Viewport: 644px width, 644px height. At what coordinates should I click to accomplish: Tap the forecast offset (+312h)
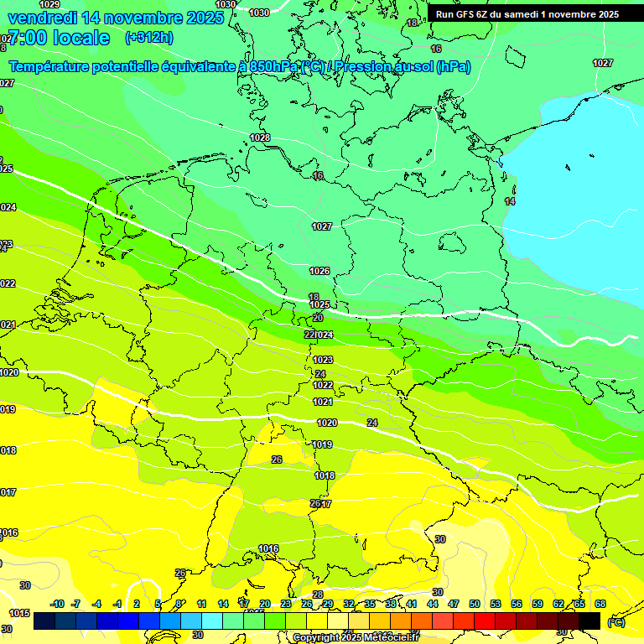pos(148,38)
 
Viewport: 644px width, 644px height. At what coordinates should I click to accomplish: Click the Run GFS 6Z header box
pos(527,14)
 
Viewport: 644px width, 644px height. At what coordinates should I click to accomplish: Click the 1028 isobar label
pos(260,138)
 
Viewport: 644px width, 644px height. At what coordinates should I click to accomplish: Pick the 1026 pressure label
pos(319,271)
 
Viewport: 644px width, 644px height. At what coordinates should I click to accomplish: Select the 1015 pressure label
pos(20,614)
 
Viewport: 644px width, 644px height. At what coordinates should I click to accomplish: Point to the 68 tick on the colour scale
pos(600,604)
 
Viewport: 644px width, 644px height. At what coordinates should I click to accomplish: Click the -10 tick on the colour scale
pos(58,604)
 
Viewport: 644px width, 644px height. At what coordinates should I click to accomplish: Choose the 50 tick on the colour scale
pos(475,604)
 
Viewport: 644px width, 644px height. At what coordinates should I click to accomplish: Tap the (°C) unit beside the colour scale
pos(615,621)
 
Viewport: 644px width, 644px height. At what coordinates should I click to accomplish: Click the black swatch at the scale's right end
pos(589,621)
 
